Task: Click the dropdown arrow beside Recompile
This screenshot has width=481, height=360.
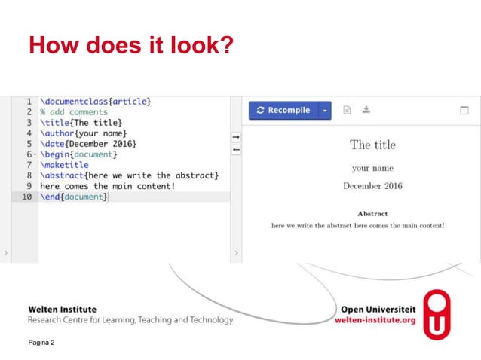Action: [x=325, y=111]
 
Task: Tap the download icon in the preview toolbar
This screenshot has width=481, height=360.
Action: [x=366, y=110]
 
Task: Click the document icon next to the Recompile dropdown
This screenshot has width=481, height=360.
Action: [x=347, y=110]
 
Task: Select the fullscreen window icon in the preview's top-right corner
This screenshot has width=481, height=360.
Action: [x=464, y=110]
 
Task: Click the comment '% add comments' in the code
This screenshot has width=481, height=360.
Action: [x=73, y=111]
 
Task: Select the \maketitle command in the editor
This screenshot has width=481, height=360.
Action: [x=64, y=164]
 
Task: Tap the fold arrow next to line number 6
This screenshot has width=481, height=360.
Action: [x=35, y=154]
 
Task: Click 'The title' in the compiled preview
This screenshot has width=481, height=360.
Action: [x=372, y=145]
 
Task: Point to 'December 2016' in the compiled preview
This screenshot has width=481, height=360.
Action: [x=372, y=185]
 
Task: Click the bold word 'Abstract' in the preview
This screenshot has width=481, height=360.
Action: [x=372, y=213]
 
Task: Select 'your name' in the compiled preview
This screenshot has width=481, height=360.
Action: [x=372, y=168]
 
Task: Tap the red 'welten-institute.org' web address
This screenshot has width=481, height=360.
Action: [x=375, y=320]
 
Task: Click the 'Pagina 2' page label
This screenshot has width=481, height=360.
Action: [x=41, y=343]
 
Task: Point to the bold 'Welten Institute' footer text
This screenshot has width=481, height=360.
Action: [x=62, y=309]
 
